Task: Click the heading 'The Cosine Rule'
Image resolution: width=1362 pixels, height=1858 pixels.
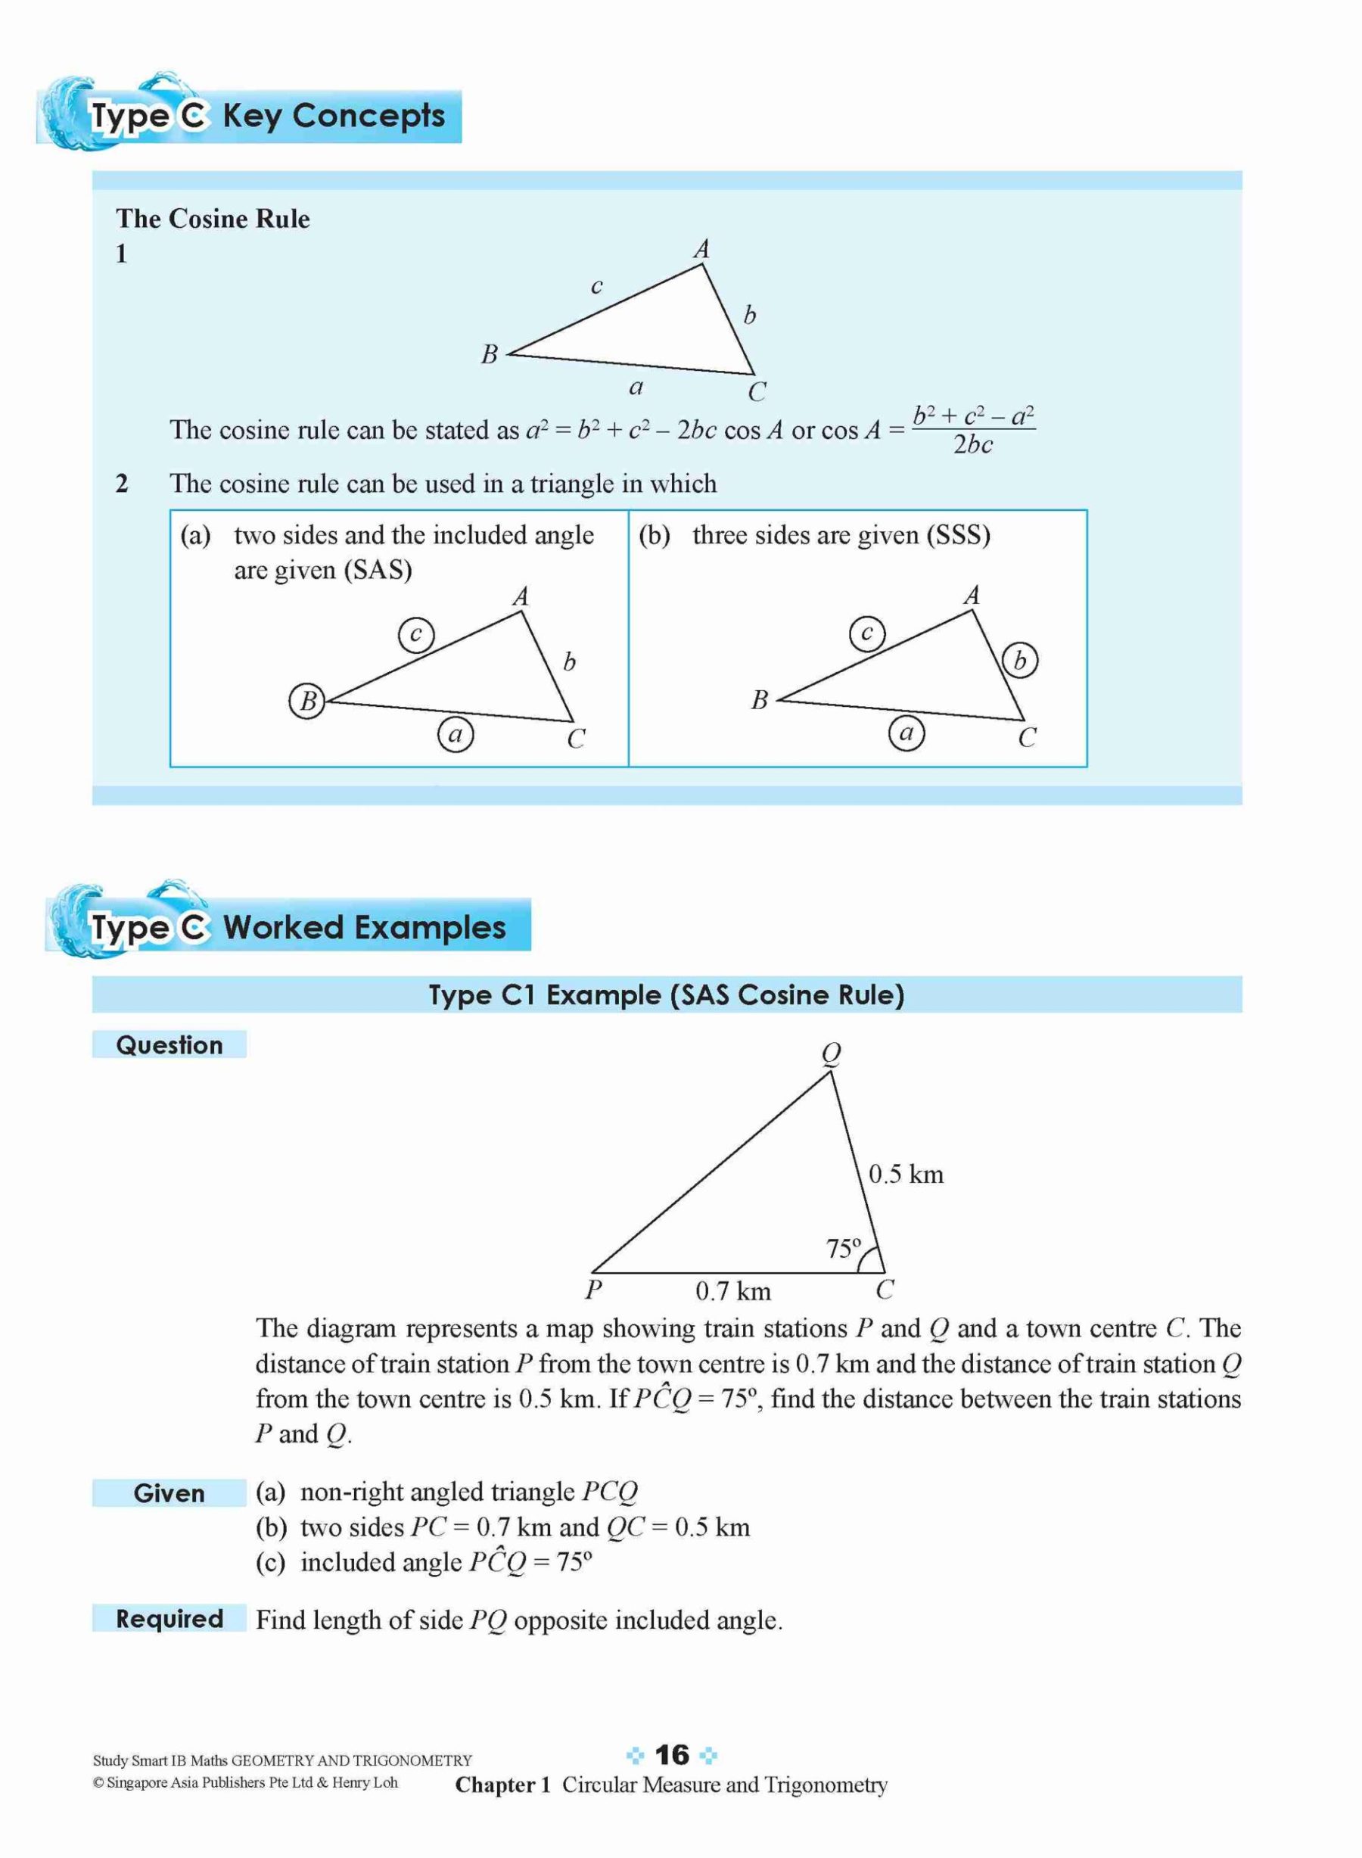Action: [x=213, y=219]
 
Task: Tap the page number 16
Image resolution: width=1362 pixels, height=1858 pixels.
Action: [x=671, y=1754]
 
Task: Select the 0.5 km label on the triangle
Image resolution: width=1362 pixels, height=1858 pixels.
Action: [x=905, y=1175]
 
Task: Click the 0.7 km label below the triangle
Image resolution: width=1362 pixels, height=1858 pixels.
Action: [x=733, y=1291]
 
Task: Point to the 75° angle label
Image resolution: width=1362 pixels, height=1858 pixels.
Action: [x=844, y=1249]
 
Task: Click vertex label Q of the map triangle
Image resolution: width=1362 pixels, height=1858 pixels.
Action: [x=831, y=1053]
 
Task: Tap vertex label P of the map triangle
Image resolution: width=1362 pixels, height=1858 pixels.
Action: [x=592, y=1290]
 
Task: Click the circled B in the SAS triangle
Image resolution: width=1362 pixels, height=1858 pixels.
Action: [x=307, y=701]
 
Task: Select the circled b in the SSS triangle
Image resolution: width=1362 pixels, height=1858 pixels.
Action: [x=1020, y=661]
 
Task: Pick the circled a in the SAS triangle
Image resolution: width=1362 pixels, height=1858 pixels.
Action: [x=455, y=733]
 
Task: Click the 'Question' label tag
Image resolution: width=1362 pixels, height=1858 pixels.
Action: [x=169, y=1045]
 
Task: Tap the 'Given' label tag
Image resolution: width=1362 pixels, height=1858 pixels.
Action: [x=169, y=1493]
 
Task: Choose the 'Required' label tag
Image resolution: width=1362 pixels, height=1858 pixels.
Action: [x=169, y=1619]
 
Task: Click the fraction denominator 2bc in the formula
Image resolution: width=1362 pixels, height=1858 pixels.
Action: [x=973, y=445]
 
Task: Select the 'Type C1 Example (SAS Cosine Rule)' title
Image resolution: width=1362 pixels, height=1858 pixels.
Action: [x=666, y=994]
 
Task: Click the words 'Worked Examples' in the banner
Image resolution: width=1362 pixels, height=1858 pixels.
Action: [x=365, y=928]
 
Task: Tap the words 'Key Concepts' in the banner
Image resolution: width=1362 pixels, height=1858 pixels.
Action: [x=333, y=117]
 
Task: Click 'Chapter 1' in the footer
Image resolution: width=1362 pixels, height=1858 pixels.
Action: [x=502, y=1785]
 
